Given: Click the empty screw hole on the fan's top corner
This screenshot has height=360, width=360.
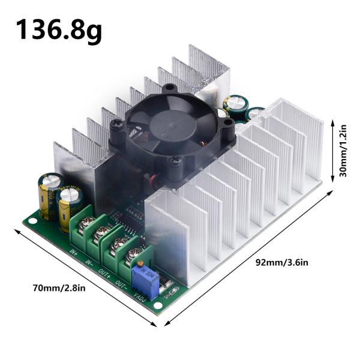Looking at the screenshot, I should pyautogui.click(x=170, y=88).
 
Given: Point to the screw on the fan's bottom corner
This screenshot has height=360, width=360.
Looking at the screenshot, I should pyautogui.click(x=174, y=160).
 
